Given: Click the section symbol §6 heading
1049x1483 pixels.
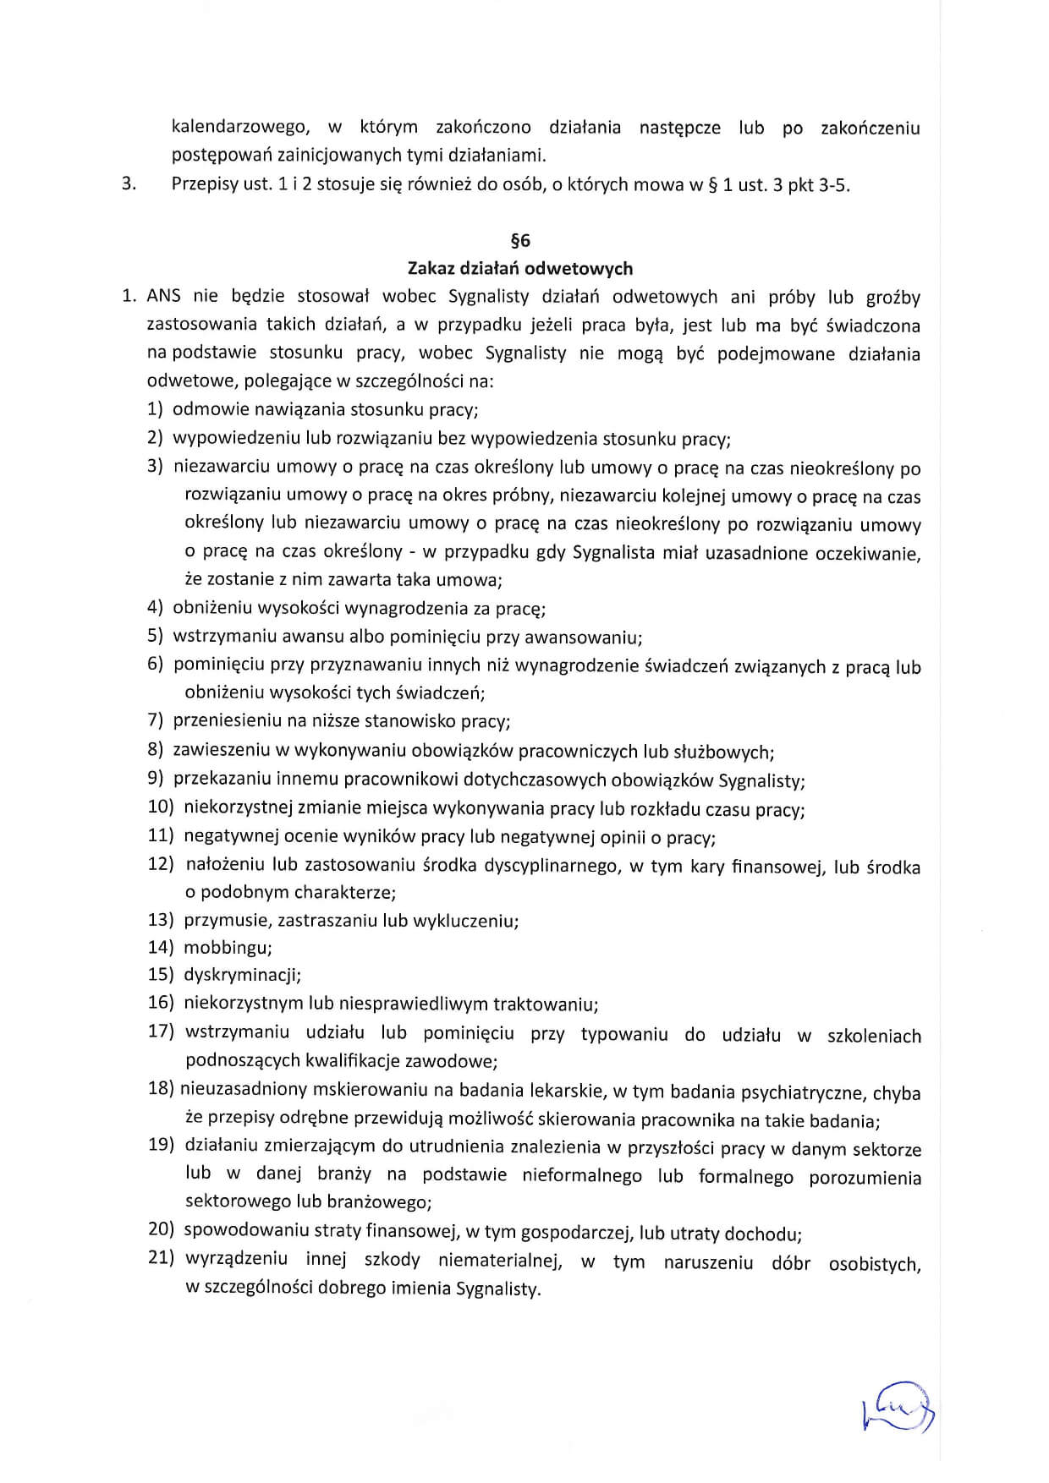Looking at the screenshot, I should tap(520, 241).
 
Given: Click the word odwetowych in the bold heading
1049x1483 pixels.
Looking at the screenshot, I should tap(579, 269).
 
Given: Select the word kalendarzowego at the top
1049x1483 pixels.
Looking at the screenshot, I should tap(239, 128).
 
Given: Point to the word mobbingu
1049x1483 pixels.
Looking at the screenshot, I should tap(228, 948).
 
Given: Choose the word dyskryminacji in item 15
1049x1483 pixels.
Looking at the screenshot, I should tap(242, 975).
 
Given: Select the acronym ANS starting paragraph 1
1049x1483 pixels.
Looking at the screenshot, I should tap(164, 297).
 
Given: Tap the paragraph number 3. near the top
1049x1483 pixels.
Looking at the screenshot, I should tap(129, 184).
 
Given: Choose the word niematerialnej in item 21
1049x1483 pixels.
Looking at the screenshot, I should tap(501, 1261).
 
